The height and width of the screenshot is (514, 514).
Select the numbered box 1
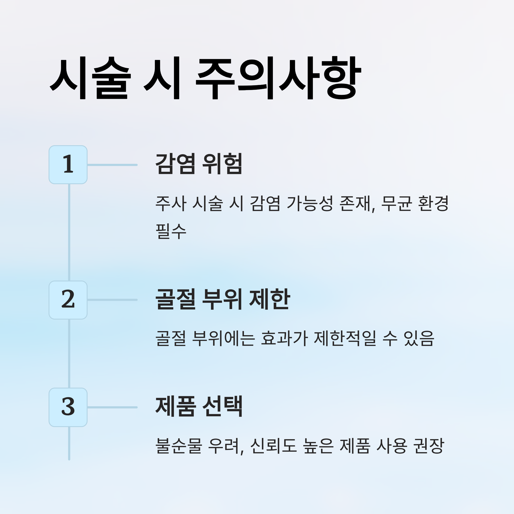coord(68,165)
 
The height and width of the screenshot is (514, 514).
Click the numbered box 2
coord(68,300)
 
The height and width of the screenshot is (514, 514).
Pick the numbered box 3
coord(68,407)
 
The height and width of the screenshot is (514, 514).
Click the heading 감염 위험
coord(199,164)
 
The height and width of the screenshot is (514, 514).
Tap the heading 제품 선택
coord(199,406)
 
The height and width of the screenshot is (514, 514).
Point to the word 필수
coord(171,231)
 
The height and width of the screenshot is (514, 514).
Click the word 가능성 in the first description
coord(310,203)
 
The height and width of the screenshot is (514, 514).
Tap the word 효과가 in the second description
coord(284,338)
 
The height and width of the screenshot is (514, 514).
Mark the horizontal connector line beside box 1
coord(112,165)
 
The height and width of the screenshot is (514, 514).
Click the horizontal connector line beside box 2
coord(112,300)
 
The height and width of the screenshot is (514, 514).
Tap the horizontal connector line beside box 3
coord(112,407)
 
